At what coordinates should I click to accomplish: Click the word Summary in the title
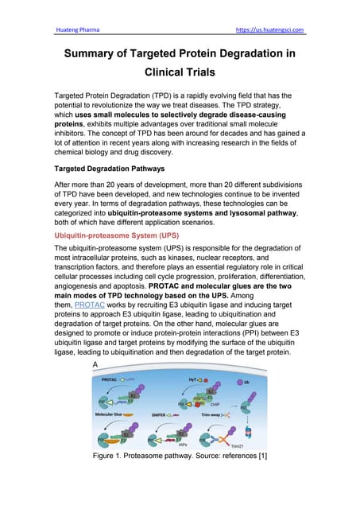(x=97, y=54)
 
